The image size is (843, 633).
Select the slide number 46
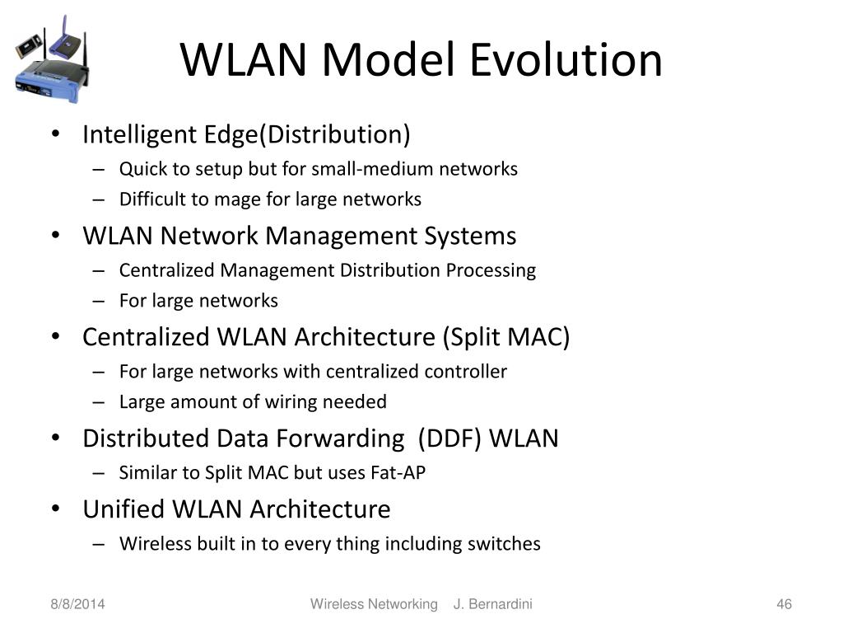coord(784,605)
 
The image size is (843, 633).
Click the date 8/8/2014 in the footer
coord(75,605)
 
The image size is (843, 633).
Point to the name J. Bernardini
coord(493,605)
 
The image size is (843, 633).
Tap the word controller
coord(466,372)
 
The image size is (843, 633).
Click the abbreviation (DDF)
coord(450,438)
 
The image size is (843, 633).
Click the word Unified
coord(123,509)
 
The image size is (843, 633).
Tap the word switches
coord(504,544)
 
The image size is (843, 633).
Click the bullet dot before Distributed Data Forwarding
coord(55,438)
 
